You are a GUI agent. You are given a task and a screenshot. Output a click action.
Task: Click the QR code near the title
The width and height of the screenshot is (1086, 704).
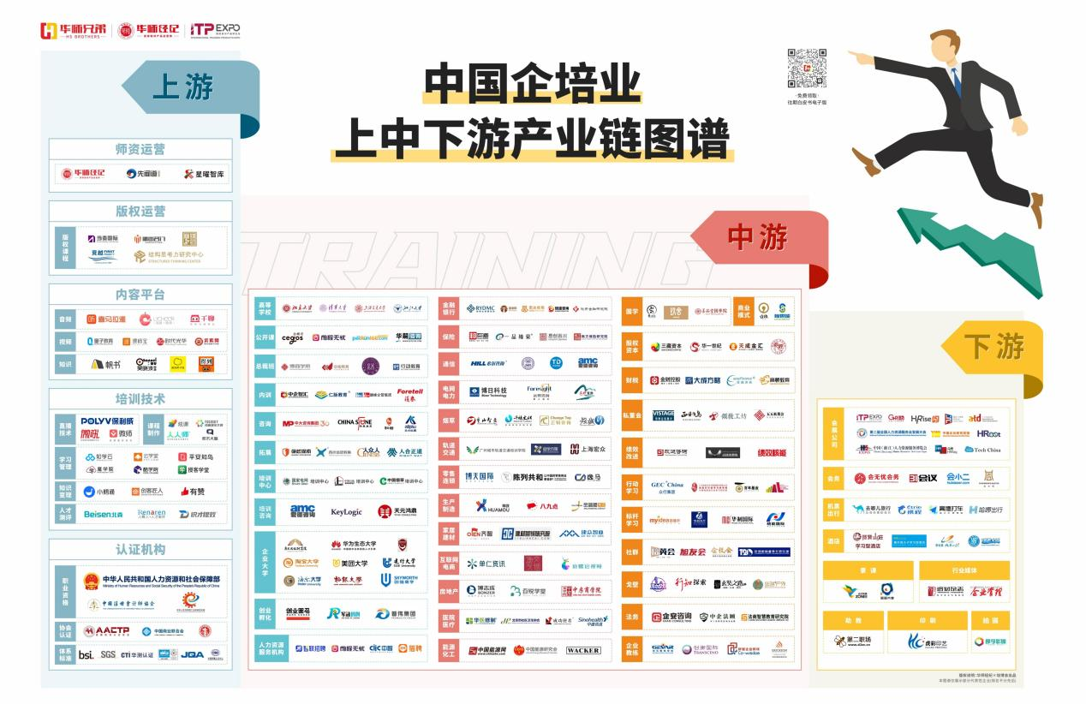click(x=807, y=69)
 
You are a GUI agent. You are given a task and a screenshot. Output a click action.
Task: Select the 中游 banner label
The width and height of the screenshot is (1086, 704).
click(x=758, y=236)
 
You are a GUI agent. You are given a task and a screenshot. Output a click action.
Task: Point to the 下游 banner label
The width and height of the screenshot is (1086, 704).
click(x=994, y=347)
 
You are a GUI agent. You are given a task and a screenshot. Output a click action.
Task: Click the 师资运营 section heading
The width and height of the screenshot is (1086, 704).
click(x=140, y=149)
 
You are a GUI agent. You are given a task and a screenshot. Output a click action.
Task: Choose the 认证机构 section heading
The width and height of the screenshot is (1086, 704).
click(x=140, y=550)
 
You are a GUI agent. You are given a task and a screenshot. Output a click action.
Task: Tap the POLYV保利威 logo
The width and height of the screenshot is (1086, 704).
click(x=107, y=421)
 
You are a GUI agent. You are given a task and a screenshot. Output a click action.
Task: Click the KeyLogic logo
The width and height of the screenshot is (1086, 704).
click(x=346, y=511)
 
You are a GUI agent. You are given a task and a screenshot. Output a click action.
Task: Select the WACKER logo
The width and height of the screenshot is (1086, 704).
click(x=583, y=650)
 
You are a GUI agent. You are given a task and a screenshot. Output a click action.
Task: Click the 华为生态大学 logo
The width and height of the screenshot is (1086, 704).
click(x=354, y=544)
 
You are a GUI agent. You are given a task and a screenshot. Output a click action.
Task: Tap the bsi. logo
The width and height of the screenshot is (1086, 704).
click(x=86, y=654)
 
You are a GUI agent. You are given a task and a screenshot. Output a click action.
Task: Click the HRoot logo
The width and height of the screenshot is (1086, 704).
click(x=988, y=433)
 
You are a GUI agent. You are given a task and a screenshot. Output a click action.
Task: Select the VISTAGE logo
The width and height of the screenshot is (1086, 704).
click(x=663, y=415)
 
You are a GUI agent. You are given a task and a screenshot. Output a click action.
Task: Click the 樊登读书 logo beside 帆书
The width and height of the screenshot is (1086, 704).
click(x=140, y=364)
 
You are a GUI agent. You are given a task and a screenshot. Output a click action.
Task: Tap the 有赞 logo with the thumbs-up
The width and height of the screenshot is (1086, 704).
click(x=192, y=492)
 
